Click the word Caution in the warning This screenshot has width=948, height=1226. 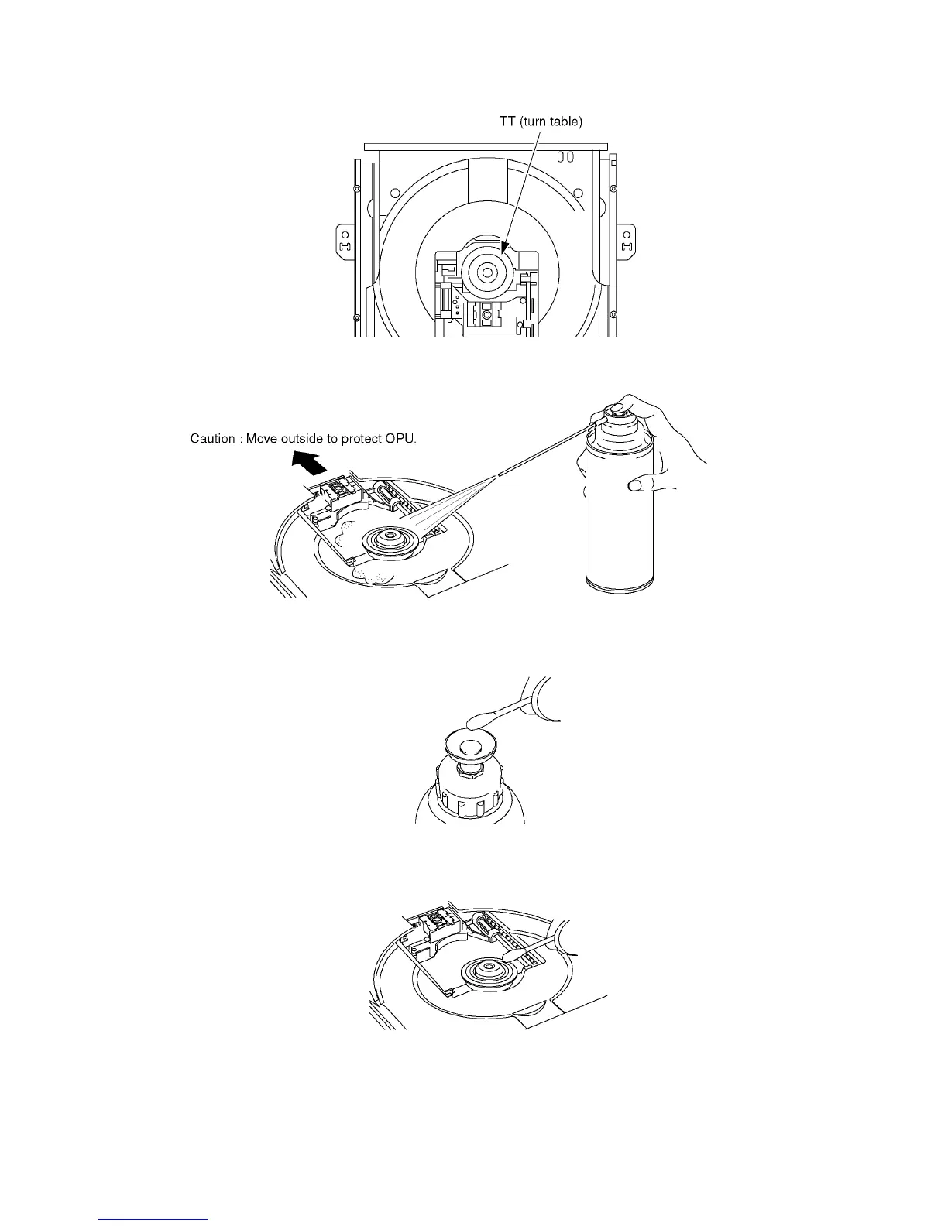point(213,439)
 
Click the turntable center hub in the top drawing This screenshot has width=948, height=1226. point(487,272)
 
